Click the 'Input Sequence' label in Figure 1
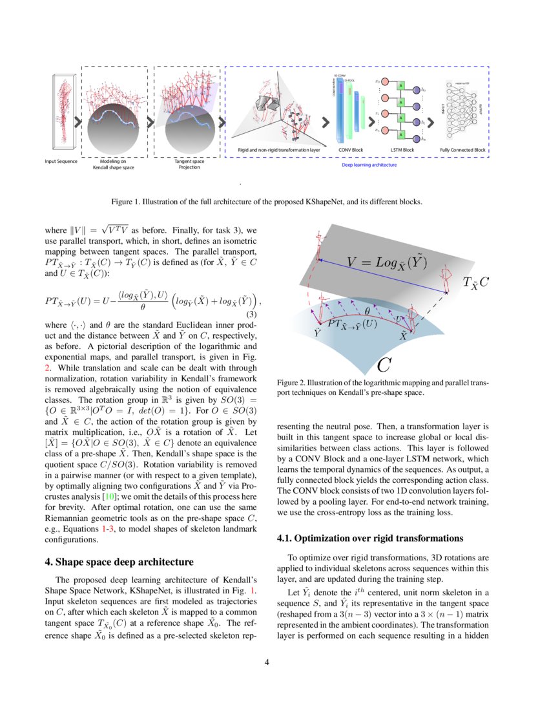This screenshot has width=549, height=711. (61, 160)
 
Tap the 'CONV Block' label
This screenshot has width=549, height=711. (351, 150)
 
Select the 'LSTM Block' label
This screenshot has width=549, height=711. (402, 150)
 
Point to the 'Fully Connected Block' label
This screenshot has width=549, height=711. (462, 150)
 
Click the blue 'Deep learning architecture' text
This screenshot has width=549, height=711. (369, 165)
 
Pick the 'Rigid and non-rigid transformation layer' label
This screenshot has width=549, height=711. (279, 150)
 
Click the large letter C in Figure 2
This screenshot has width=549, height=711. (384, 365)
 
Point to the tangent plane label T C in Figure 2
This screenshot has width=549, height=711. (475, 282)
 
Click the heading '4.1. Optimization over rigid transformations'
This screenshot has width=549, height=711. (369, 538)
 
